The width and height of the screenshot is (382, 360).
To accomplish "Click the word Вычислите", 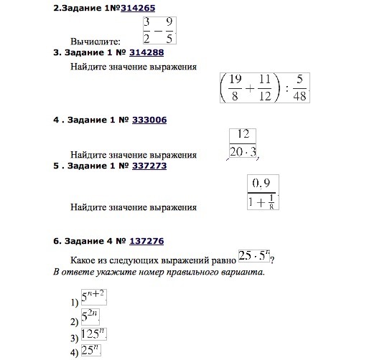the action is [95, 42].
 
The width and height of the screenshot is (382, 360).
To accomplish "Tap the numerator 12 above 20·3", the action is [242, 134].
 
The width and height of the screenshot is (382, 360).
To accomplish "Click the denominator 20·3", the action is [243, 151].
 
